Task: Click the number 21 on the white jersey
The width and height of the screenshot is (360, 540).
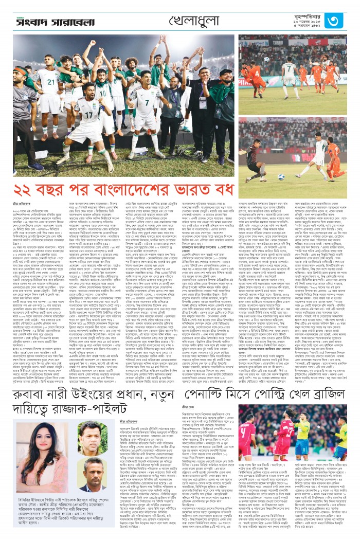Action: (x=52, y=82)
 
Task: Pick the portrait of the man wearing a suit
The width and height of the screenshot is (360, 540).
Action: (x=91, y=474)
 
